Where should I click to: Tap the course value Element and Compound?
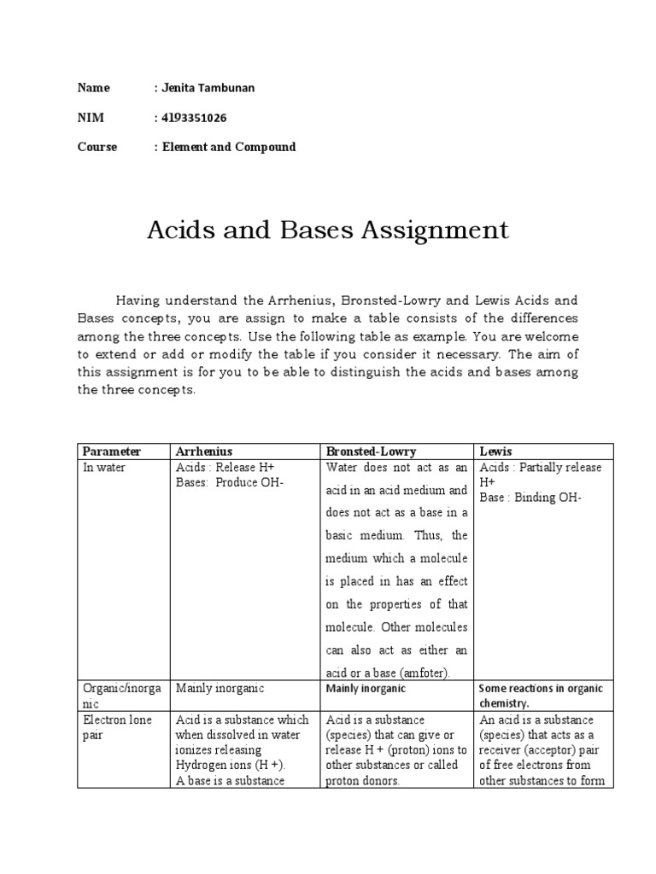228,147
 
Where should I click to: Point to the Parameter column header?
112,451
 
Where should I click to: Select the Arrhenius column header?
204,451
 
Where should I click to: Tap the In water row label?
104,468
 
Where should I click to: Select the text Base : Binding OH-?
530,498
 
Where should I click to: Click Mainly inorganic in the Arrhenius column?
220,688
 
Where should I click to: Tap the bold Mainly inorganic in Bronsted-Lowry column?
366,688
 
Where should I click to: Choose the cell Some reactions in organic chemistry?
541,696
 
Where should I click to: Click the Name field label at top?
94,88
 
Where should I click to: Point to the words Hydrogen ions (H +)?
230,766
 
